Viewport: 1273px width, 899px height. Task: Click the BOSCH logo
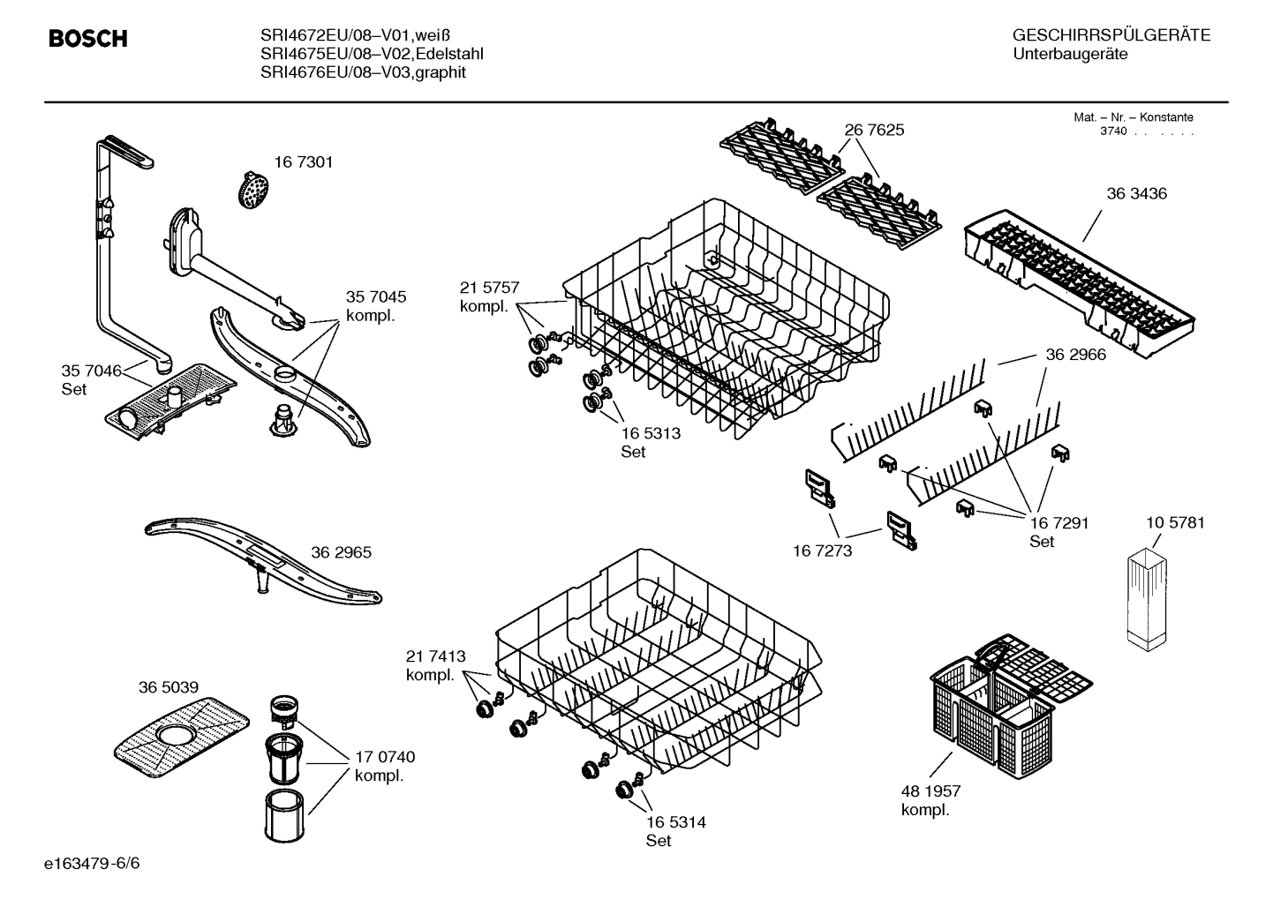[x=87, y=39]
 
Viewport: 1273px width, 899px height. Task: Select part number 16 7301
[x=303, y=162]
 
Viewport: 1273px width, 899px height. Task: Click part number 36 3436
[x=1136, y=193]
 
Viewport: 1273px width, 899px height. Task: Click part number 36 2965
[x=341, y=552]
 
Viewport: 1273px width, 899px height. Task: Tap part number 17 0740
[x=384, y=757]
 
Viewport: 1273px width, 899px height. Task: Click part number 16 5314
[x=675, y=822]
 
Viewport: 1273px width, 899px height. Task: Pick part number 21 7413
[x=435, y=656]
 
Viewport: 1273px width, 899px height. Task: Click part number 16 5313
[x=651, y=433]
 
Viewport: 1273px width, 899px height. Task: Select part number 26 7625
[x=874, y=130]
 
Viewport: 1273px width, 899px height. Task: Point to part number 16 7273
[x=823, y=551]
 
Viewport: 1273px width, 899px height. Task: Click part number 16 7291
[x=1058, y=522]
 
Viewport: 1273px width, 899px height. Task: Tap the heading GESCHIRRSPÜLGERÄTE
[x=1111, y=35]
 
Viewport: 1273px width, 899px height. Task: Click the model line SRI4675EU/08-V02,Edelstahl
[x=372, y=54]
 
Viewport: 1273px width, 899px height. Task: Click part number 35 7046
[x=91, y=371]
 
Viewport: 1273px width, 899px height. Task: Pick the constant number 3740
[x=1113, y=131]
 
